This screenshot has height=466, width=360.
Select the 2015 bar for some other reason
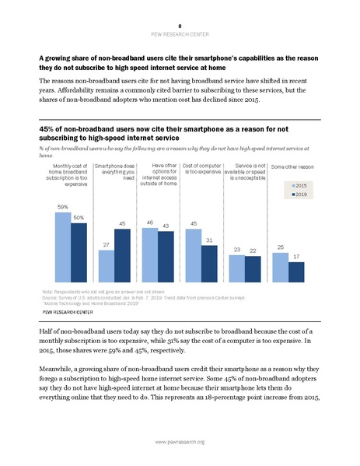281,265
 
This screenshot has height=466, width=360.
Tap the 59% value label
62,207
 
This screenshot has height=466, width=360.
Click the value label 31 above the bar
210,239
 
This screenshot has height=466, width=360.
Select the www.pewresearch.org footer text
180,442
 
